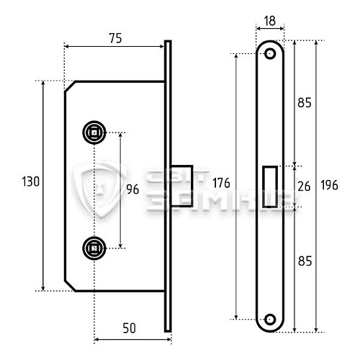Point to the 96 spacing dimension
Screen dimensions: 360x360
tap(132, 190)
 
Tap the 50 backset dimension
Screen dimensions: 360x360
tap(129, 328)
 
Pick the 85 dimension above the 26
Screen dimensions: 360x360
tap(304, 103)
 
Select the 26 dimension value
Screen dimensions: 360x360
tap(304, 186)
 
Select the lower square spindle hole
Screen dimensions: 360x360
tap(94, 248)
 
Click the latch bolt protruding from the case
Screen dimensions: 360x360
tap(183, 187)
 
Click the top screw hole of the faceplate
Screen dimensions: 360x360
tap(271, 54)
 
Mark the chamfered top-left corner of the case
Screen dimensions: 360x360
tap(71, 87)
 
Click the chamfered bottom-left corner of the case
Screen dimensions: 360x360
tap(71, 285)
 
